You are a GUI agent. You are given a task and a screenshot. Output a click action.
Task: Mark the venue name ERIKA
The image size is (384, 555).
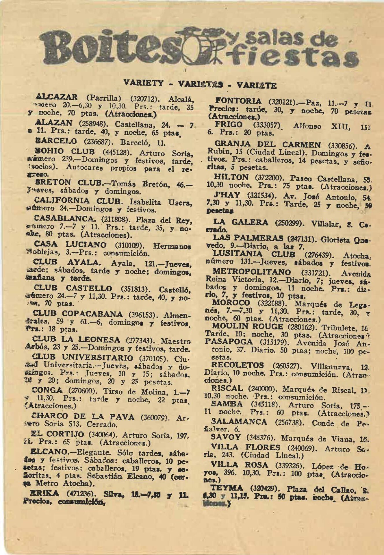pos(44,493)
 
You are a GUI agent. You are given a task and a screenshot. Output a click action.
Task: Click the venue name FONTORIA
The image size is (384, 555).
pos(239,101)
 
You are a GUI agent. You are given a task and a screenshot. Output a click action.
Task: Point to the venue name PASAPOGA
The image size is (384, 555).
pos(229,342)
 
